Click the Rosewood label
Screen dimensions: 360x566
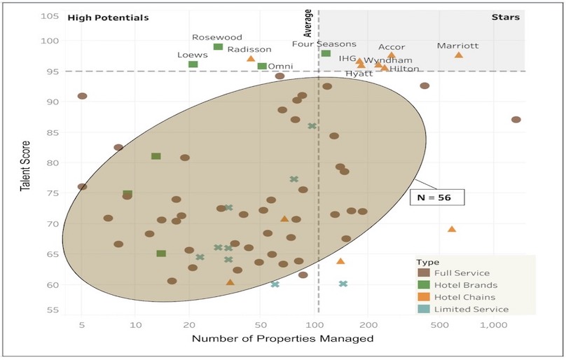pos(217,37)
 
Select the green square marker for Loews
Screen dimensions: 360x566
pos(193,64)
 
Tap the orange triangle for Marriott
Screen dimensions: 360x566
pos(459,55)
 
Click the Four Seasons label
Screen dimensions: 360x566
pos(324,44)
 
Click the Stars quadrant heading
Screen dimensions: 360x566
pos(537,18)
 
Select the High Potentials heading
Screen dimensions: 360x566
pos(108,18)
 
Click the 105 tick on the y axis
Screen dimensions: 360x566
pos(49,16)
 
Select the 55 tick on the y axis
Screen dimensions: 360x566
pos(50,309)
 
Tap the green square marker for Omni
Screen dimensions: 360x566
pos(262,67)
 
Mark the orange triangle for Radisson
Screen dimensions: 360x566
pos(251,59)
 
